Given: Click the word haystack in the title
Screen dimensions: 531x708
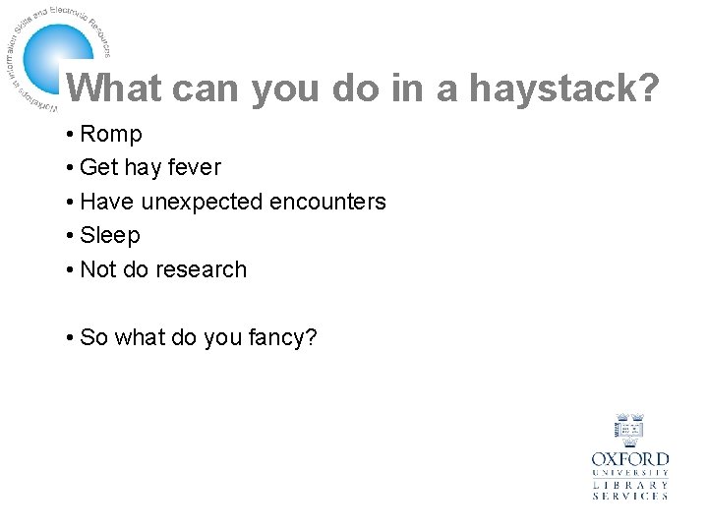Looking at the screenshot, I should tap(563, 89).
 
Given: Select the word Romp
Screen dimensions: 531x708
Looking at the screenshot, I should tap(111, 134).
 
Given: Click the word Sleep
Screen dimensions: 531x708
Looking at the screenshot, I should tap(110, 235).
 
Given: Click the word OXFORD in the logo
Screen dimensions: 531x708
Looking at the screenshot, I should tap(630, 459).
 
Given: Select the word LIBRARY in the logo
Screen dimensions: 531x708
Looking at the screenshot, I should tap(630, 485).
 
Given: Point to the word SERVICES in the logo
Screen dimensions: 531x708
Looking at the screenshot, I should tap(630, 497).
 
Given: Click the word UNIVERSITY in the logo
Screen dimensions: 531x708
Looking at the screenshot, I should tap(630, 473).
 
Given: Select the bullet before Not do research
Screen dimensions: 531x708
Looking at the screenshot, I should tap(71, 269).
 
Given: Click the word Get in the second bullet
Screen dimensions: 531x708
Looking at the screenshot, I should tap(97, 167).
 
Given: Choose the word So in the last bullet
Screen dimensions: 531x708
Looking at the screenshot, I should tap(94, 337).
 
